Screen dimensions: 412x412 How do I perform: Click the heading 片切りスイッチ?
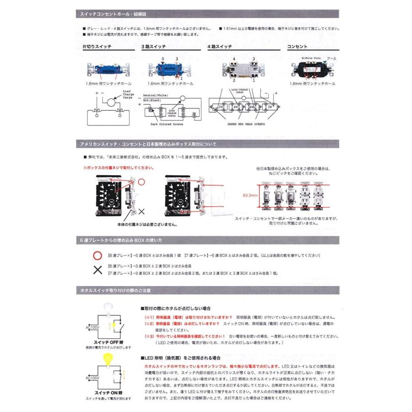tap(97, 47)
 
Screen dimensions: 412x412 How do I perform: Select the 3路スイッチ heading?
tap(153, 47)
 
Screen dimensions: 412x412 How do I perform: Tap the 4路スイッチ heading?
tap(220, 47)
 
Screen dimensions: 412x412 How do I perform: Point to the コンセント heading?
tap(297, 47)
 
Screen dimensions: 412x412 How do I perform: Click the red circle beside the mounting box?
tap(141, 182)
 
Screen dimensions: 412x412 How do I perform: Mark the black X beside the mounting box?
tap(141, 211)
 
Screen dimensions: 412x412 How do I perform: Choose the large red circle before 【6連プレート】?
tap(97, 255)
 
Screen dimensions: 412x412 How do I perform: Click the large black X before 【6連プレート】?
tap(97, 270)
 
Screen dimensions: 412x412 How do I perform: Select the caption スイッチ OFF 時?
tap(108, 342)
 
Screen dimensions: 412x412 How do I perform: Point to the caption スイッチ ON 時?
tap(108, 393)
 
